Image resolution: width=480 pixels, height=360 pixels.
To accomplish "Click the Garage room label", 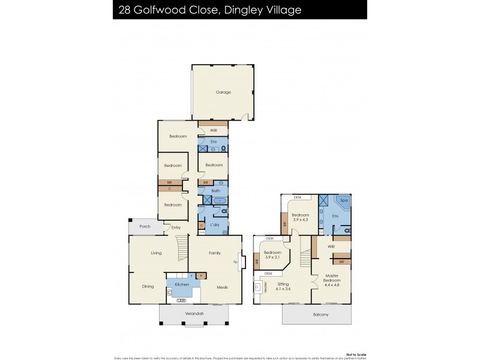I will click(223, 92).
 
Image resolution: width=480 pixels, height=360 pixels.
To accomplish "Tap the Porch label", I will click(145, 226).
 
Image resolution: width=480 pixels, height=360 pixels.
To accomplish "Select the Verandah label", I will click(194, 314).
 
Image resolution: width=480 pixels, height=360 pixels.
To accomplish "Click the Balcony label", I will click(320, 314).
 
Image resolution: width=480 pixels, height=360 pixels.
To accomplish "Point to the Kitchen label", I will click(182, 284).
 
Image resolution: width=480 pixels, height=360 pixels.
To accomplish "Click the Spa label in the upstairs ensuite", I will click(344, 200).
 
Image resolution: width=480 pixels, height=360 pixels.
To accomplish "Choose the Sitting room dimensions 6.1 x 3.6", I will click(283, 289).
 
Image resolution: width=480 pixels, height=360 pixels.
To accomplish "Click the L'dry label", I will click(215, 224).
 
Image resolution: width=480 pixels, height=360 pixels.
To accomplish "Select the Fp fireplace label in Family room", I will click(235, 262).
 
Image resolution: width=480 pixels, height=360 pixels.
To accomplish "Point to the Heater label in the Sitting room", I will click(265, 288).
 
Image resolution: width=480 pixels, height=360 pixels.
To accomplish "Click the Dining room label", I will click(148, 286).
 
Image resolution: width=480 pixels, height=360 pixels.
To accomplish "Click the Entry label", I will click(176, 227).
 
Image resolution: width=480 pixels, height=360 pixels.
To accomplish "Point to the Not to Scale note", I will click(356, 354).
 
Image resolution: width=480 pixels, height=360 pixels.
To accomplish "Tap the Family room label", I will click(214, 253).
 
